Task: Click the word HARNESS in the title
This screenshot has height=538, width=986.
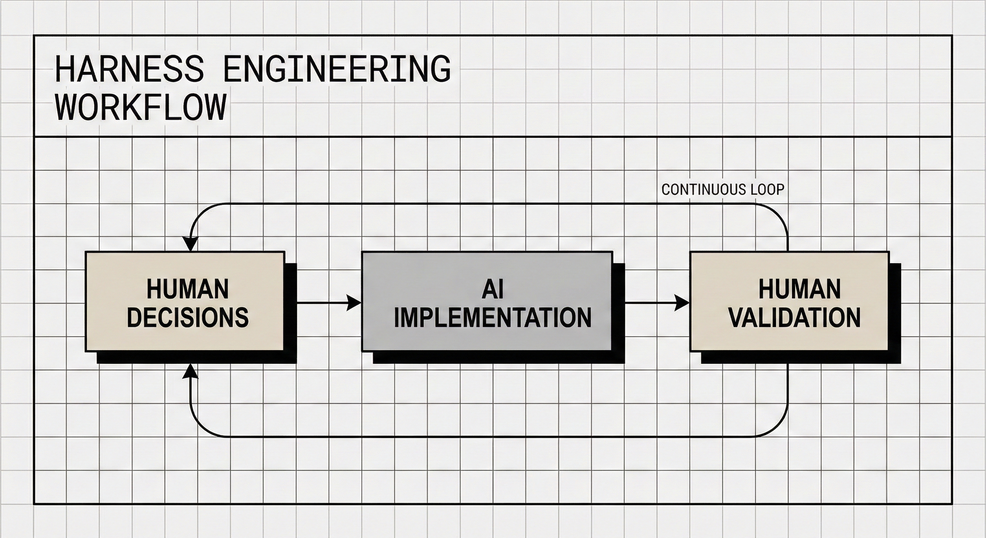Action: [129, 69]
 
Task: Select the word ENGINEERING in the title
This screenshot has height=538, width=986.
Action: [336, 69]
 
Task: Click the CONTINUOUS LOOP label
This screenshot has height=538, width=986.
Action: [723, 189]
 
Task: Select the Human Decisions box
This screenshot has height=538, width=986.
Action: [185, 301]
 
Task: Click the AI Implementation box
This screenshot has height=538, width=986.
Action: [487, 301]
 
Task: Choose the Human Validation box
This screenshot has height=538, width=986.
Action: [789, 301]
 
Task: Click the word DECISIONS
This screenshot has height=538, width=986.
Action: [188, 317]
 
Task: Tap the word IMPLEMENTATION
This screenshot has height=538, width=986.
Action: [493, 318]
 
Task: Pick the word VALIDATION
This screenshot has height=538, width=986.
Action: [794, 318]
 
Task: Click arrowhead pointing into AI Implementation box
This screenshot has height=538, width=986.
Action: [354, 303]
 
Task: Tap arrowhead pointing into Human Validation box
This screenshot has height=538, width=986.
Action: [682, 303]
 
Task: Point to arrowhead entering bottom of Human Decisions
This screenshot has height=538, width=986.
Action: [190, 371]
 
